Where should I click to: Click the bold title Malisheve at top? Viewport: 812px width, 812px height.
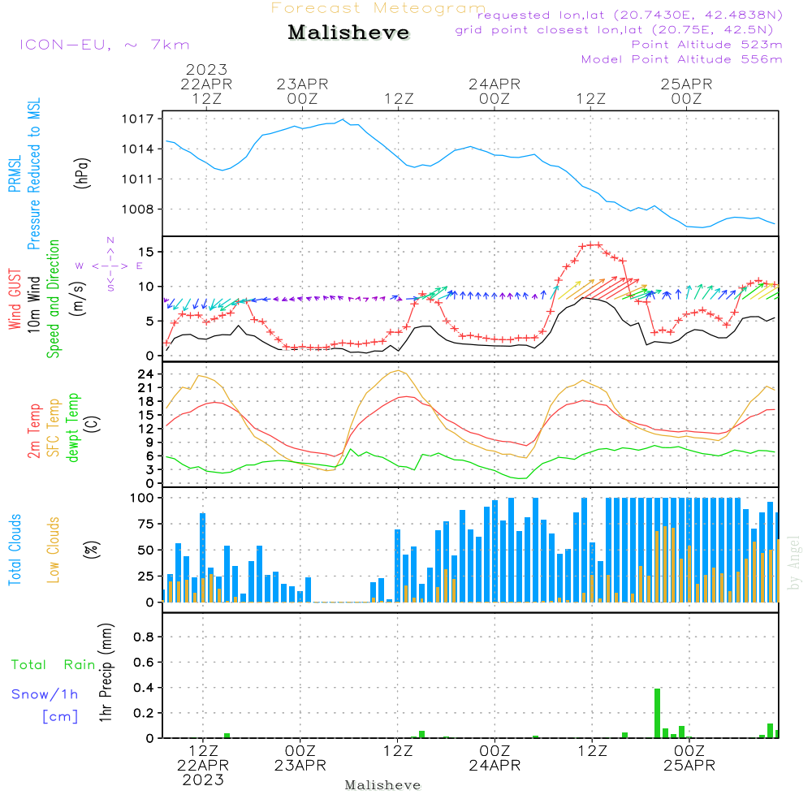[348, 33]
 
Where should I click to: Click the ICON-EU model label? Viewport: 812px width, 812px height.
[103, 45]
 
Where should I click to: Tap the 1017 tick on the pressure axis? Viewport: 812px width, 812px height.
[139, 119]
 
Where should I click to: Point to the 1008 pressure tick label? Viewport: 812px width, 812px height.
[139, 209]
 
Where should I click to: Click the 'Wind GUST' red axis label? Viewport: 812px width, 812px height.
[15, 300]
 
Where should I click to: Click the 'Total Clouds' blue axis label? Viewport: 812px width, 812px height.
[15, 550]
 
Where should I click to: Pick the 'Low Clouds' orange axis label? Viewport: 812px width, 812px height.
[54, 550]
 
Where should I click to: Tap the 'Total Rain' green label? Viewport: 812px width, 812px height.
[54, 665]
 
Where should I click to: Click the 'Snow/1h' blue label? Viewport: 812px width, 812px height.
[45, 694]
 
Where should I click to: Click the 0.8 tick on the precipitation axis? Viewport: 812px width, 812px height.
[143, 637]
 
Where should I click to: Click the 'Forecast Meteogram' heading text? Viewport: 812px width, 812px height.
[378, 8]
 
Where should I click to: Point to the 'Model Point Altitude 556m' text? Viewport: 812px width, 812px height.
[682, 59]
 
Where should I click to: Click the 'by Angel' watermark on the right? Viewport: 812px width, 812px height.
[794, 564]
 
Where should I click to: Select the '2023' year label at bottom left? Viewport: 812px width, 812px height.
[203, 780]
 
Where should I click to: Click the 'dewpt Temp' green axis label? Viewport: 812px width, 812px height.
[74, 428]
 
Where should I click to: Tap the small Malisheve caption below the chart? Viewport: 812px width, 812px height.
[383, 785]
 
